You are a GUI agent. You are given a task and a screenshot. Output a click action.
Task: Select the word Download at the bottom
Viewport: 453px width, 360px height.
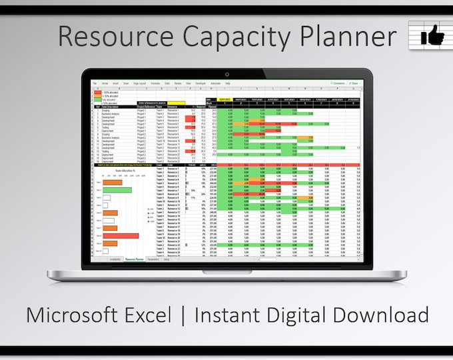[387, 314]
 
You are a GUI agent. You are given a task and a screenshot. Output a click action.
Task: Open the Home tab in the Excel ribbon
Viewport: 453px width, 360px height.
[105, 83]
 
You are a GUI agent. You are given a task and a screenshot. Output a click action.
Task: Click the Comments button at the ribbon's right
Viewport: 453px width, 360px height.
[338, 83]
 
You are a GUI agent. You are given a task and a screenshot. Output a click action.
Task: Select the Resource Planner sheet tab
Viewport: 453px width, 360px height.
[135, 259]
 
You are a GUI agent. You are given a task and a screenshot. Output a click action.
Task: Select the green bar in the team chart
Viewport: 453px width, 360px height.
[117, 190]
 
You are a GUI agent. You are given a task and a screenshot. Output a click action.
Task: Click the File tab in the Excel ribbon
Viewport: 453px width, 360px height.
[95, 83]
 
